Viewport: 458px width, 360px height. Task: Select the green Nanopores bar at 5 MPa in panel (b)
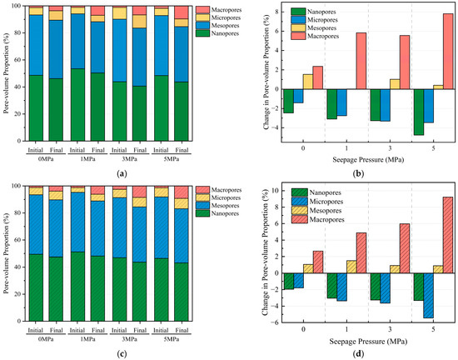point(419,112)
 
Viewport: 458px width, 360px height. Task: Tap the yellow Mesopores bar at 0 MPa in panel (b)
point(308,82)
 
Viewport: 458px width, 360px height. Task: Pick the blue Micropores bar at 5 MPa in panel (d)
point(429,296)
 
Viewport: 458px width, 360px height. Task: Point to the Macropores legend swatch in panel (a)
point(202,10)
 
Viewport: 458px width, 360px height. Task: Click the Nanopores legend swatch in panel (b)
point(298,12)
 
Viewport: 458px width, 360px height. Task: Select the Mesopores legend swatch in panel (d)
point(300,210)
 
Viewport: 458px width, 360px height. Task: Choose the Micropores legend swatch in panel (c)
point(202,197)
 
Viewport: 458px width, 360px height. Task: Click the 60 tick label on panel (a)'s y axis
point(18,60)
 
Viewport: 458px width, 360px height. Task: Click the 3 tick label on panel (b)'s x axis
point(390,147)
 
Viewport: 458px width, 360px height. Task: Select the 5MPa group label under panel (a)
point(172,159)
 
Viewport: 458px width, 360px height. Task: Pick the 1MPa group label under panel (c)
point(87,339)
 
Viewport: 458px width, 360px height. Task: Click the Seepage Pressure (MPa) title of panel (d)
point(368,341)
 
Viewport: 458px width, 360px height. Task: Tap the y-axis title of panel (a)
point(6,73)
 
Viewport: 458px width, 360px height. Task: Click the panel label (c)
point(122,354)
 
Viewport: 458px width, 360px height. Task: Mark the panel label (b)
point(358,174)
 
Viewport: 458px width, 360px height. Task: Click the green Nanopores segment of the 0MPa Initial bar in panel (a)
point(36,108)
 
